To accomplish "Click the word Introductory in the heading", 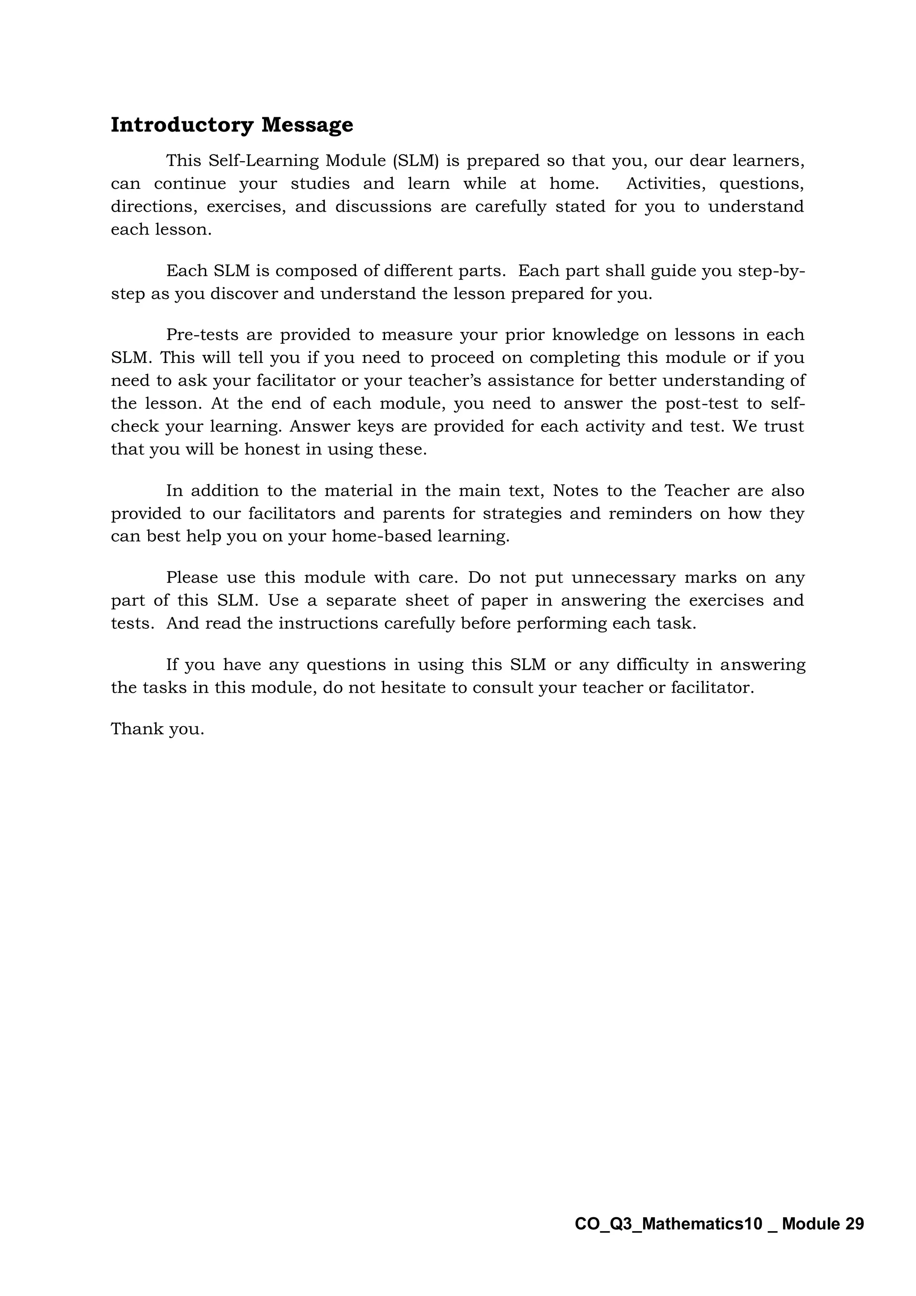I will (182, 125).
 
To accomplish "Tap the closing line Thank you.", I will (157, 729).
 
